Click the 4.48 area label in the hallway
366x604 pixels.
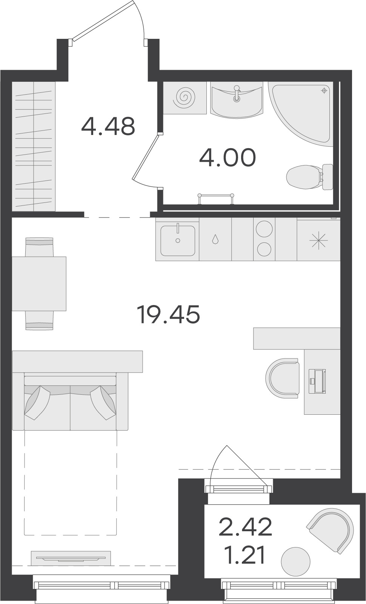tap(108, 126)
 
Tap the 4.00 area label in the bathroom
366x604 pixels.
tap(227, 157)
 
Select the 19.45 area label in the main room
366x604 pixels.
tap(168, 314)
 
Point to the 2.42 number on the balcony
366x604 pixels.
tap(245, 527)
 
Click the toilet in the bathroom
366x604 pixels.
tap(309, 177)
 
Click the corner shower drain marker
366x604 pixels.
tap(324, 90)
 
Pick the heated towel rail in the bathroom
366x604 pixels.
tap(216, 198)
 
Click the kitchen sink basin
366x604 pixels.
tap(178, 240)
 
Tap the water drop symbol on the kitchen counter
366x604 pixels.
tap(215, 239)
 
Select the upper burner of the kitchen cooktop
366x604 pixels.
tap(264, 229)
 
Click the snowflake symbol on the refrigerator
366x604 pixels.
tap(318, 240)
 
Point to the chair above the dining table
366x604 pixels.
tap(39, 247)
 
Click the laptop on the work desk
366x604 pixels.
tap(317, 381)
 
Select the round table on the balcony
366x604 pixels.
tap(295, 561)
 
